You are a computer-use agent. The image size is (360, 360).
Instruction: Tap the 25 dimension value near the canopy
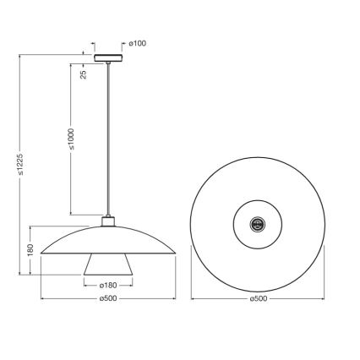pos(84,74)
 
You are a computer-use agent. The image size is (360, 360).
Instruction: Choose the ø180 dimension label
pos(107,284)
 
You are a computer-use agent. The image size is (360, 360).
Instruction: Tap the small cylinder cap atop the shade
pos(107,222)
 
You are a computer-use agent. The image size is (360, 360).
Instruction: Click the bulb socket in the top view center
pos(259,223)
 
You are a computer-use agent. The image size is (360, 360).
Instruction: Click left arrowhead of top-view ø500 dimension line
pos(192,297)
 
